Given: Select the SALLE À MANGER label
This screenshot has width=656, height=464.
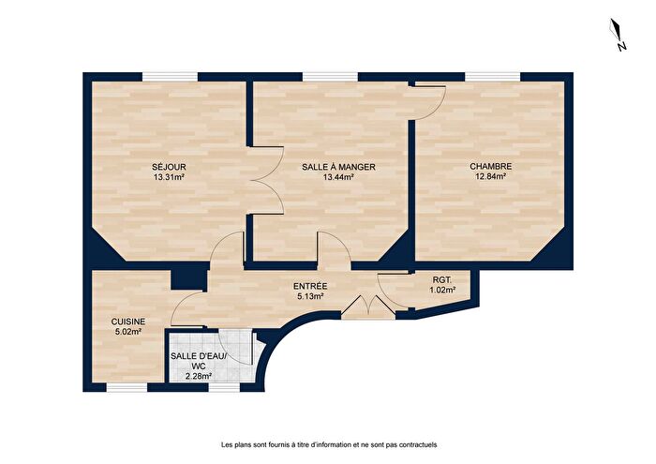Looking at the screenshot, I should pyautogui.click(x=338, y=167).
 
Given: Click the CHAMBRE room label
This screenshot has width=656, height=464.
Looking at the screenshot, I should pyautogui.click(x=491, y=167).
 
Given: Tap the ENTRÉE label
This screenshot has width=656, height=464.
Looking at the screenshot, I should pyautogui.click(x=309, y=286).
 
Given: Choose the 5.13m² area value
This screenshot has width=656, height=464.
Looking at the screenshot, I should pyautogui.click(x=309, y=296).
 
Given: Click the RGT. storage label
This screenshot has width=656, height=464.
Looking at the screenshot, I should pyautogui.click(x=442, y=279).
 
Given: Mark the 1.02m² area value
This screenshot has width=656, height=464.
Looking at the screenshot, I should pyautogui.click(x=442, y=290).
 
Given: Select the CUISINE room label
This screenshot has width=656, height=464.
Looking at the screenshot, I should pyautogui.click(x=127, y=321).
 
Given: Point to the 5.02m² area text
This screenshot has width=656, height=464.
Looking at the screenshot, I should pyautogui.click(x=127, y=331).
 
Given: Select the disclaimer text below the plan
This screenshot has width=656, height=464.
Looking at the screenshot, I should pyautogui.click(x=328, y=444).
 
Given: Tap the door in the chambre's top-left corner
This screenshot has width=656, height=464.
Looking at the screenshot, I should pyautogui.click(x=429, y=100).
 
